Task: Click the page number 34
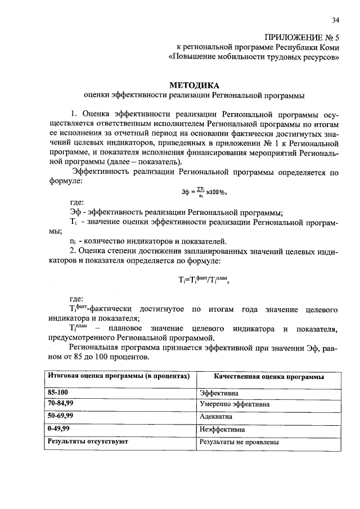[x=335, y=20]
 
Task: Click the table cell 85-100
[x=56, y=393]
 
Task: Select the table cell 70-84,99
[x=61, y=403]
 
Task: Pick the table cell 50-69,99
[x=61, y=416]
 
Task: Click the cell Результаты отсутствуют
[x=88, y=442]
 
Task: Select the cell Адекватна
[x=216, y=417]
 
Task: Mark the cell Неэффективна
[x=222, y=429]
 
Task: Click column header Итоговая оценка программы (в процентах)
[x=118, y=375]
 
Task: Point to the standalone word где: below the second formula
[x=76, y=299]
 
